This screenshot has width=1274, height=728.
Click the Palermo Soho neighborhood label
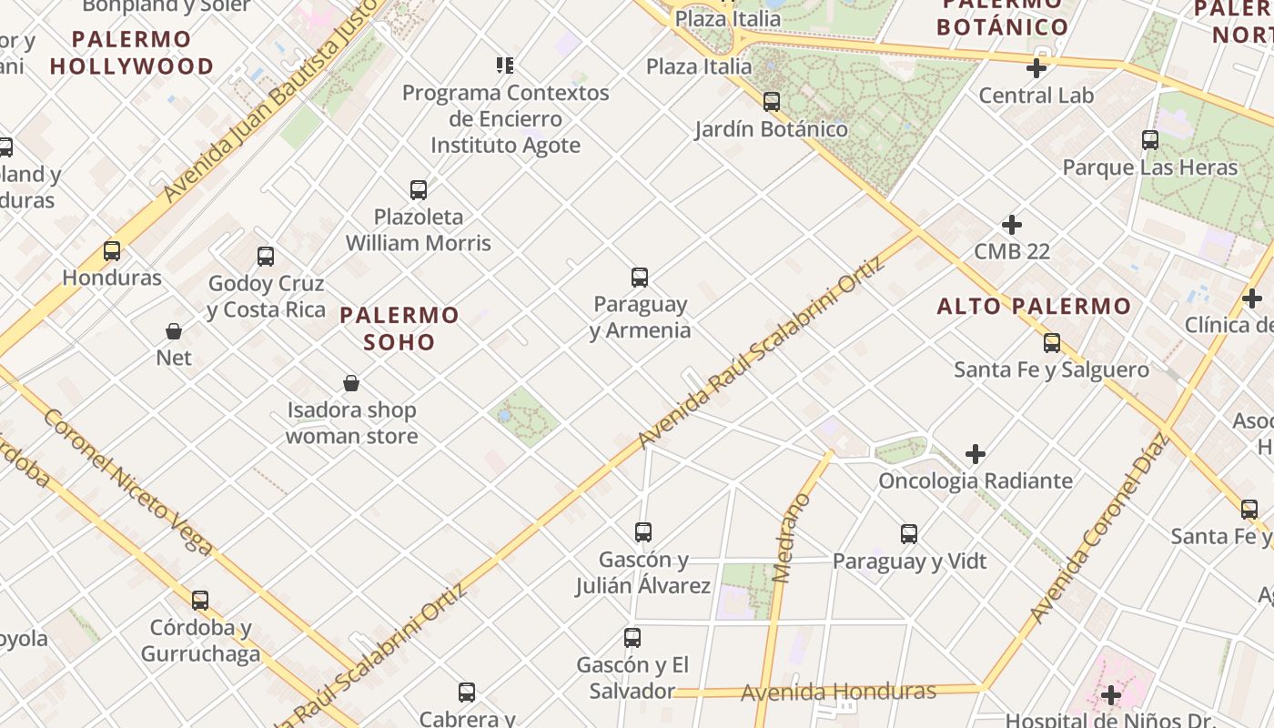(x=399, y=329)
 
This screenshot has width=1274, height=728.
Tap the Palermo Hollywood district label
(x=132, y=53)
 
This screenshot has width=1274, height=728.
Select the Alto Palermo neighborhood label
(x=1034, y=306)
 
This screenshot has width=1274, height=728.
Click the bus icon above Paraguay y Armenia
(x=640, y=278)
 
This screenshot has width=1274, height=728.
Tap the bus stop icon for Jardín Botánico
(x=772, y=102)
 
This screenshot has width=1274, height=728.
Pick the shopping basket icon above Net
(x=174, y=331)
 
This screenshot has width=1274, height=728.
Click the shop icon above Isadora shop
(x=351, y=383)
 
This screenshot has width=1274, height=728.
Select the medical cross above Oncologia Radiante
(x=976, y=453)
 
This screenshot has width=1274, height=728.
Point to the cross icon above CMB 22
(x=1011, y=225)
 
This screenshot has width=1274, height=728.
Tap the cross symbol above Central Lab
(x=1036, y=68)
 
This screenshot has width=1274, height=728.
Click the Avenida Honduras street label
(x=838, y=693)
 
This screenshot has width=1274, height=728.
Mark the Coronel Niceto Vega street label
(x=128, y=482)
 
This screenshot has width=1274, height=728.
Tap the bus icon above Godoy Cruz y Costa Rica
(x=266, y=257)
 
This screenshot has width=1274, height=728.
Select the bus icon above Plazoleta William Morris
(x=419, y=190)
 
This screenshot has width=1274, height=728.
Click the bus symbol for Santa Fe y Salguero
(x=1052, y=343)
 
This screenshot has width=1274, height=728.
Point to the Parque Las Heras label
(x=1150, y=167)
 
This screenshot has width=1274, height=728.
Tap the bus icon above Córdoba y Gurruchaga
(x=200, y=601)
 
